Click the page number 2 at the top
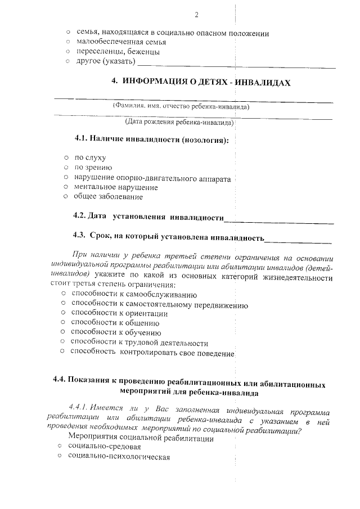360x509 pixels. [x=196, y=15]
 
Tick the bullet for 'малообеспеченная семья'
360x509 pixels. [x=69, y=43]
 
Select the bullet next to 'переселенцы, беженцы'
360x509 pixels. [x=69, y=52]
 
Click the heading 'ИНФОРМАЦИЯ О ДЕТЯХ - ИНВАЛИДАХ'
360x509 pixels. [x=201, y=82]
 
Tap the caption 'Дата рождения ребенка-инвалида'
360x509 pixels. [x=179, y=121]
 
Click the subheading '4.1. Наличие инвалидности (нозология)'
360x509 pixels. [x=151, y=139]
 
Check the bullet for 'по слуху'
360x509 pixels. [x=66, y=158]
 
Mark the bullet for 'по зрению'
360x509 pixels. [x=66, y=168]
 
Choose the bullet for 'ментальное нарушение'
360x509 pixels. [x=66, y=187]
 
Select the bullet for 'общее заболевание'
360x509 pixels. [x=66, y=197]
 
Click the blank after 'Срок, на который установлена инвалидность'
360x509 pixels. [x=298, y=241]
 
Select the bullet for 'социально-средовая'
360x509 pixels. [x=60, y=446]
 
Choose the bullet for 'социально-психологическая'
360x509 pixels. [x=60, y=457]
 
